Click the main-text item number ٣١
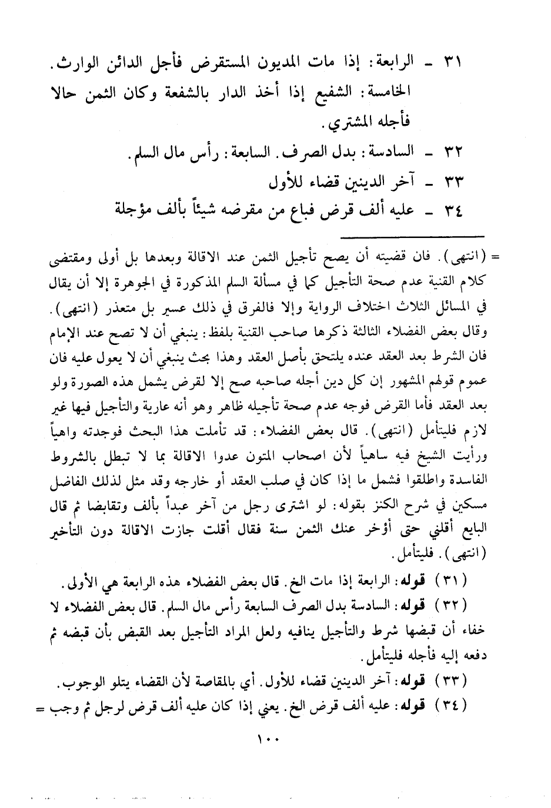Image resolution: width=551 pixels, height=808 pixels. (453, 62)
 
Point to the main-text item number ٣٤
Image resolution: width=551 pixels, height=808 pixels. (453, 210)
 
